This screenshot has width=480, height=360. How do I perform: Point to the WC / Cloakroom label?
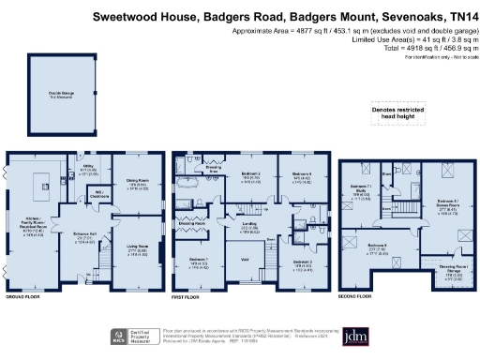tap(96, 198)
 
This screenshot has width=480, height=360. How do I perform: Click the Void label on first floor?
tap(246, 259)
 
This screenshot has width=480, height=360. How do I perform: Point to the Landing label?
tap(249, 225)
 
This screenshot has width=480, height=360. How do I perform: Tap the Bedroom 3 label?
tap(300, 262)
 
